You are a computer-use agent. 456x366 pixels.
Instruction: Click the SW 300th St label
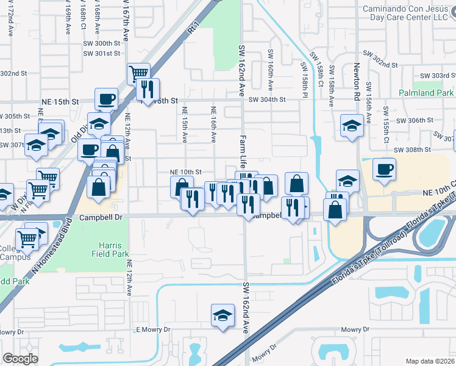click(x=102, y=43)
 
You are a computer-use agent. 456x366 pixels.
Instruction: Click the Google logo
click(x=21, y=359)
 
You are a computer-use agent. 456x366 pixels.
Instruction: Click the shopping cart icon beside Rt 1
click(x=139, y=73)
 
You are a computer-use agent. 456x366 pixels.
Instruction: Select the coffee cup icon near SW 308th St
click(x=384, y=168)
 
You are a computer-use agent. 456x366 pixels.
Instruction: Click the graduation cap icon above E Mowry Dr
click(x=223, y=315)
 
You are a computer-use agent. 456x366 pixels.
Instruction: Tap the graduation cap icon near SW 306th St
click(x=352, y=126)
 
